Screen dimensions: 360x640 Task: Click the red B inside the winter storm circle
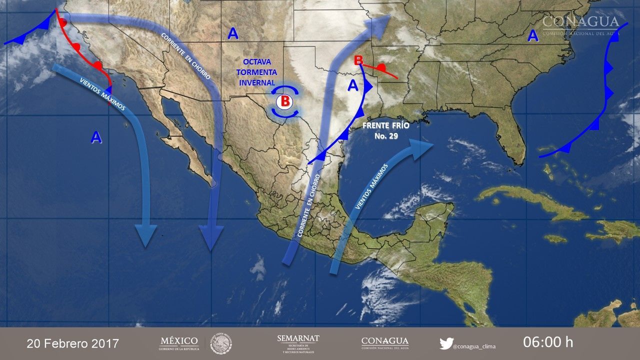pos(284,101)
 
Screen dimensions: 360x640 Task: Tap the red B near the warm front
pos(358,60)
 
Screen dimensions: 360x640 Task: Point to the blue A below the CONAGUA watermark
pos(533,35)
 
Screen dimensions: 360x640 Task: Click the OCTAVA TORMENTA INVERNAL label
pos(257,72)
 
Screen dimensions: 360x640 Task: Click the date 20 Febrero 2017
pos(73,343)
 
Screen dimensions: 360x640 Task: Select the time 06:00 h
pos(548,342)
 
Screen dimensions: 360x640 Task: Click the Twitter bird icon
pos(446,343)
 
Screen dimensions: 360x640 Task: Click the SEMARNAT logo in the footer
pos(298,343)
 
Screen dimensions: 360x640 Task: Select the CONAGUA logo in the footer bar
pos(384,343)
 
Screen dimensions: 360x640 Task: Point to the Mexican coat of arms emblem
pos(221,343)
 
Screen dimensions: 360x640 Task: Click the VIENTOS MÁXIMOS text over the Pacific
pos(102,94)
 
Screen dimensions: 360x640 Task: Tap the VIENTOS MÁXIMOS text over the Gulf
pos(371,187)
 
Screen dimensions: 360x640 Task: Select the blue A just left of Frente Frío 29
pos(353,85)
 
